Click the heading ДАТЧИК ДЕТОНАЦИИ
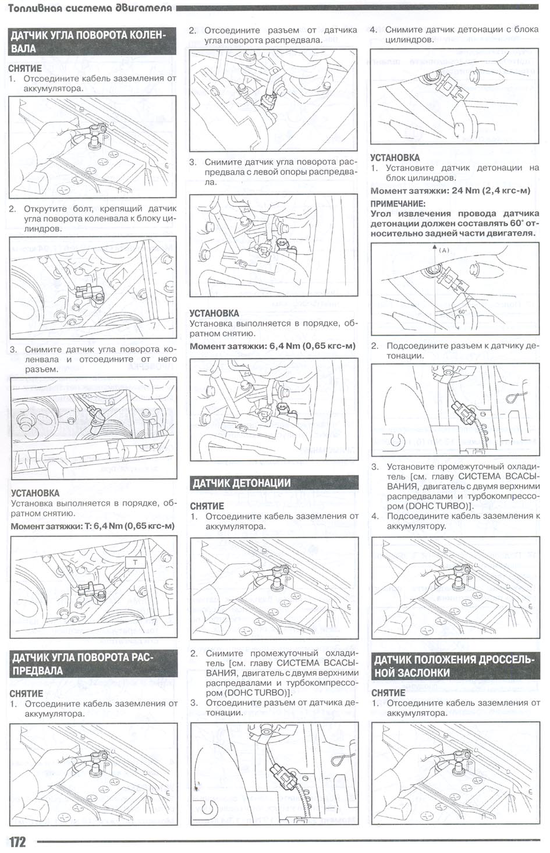tap(242, 483)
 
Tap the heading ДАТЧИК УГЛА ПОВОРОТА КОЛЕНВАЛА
tap(88, 41)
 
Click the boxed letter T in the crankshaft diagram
tap(135, 563)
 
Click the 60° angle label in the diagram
tap(463, 311)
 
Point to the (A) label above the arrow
tap(444, 250)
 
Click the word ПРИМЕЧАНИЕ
tap(398, 204)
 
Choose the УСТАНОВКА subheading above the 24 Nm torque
tap(395, 157)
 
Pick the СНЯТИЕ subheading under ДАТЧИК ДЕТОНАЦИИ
tap(207, 506)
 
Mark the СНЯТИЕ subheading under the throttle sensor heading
tap(388, 692)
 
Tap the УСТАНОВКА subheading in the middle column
tap(214, 313)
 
